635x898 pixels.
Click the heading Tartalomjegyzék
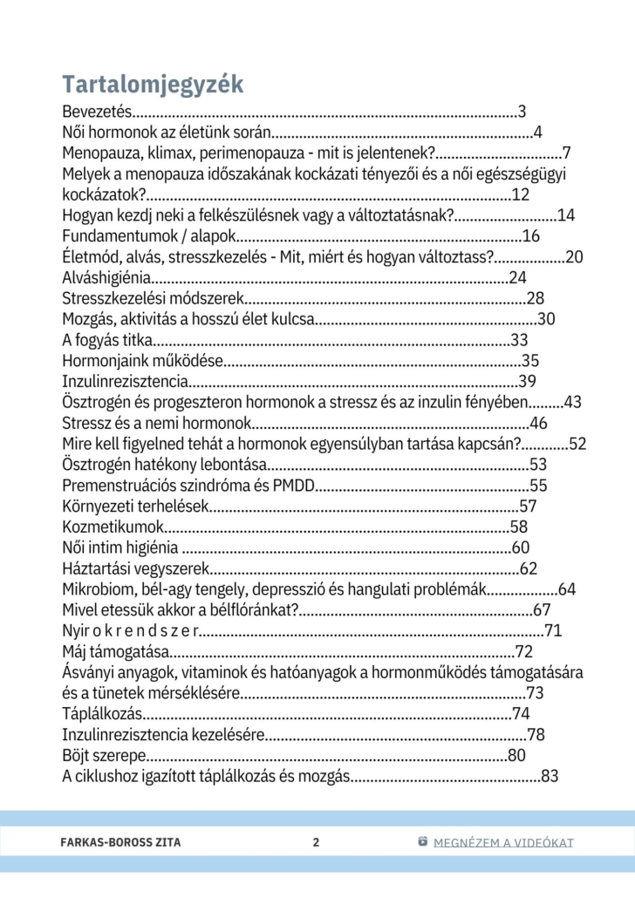(153, 85)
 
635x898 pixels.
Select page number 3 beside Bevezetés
(522, 112)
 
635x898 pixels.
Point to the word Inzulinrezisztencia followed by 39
(126, 382)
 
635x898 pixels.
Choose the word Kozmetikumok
(113, 527)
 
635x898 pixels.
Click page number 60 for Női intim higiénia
(521, 548)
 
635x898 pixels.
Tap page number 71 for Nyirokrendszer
(553, 631)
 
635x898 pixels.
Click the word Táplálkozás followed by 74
(104, 715)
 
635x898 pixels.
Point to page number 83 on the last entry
(550, 777)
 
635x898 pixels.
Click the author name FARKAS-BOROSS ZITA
(122, 842)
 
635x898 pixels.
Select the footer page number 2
(316, 842)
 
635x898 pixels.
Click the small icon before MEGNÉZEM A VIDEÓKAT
(423, 841)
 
